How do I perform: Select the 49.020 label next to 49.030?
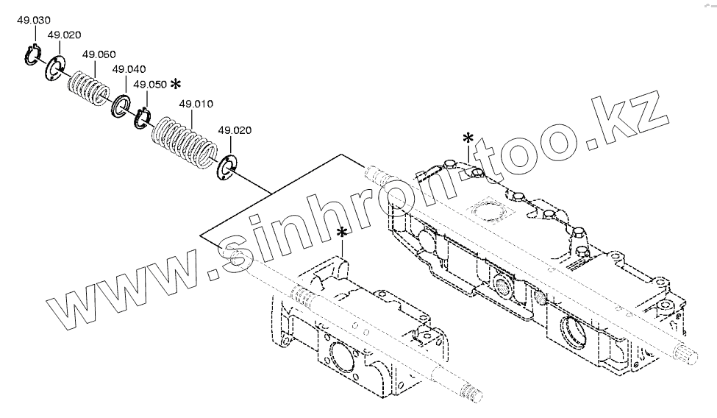pyautogui.click(x=64, y=35)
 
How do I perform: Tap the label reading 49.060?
pyautogui.click(x=99, y=54)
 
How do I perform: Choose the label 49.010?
pyautogui.click(x=196, y=104)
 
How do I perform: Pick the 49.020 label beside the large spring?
pyautogui.click(x=235, y=130)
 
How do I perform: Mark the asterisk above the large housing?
pyautogui.click(x=468, y=138)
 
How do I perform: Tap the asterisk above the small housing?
pyautogui.click(x=342, y=233)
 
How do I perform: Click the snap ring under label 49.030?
pyautogui.click(x=30, y=55)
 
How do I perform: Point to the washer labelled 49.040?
pyautogui.click(x=120, y=107)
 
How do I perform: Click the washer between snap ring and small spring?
pyautogui.click(x=54, y=69)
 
